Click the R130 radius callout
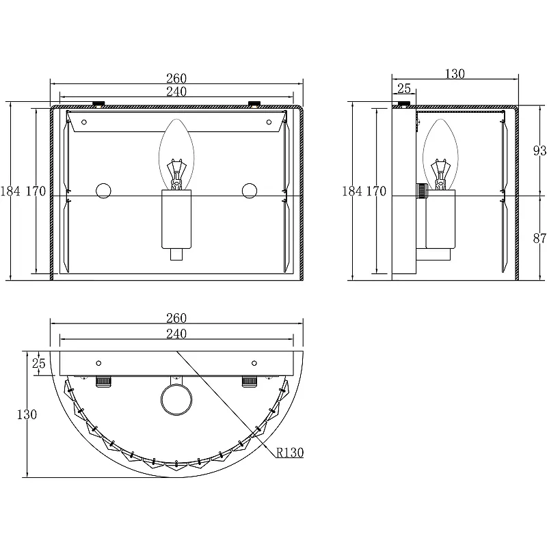[x=290, y=453]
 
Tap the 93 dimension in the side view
[x=539, y=150]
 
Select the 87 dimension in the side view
[x=539, y=238]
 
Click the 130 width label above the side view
[x=455, y=74]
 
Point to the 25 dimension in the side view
[x=404, y=88]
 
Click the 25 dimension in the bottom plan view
[x=39, y=363]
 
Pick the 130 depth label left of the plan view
[x=27, y=414]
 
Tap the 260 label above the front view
[x=176, y=78]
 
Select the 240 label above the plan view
[x=176, y=334]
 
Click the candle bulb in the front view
[x=176, y=155]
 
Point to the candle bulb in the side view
[x=440, y=155]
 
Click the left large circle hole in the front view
[x=104, y=191]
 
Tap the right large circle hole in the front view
[x=250, y=191]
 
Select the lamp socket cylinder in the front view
[x=176, y=219]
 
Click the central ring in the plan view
[x=176, y=400]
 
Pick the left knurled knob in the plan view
[x=104, y=382]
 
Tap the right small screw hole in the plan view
[x=254, y=363]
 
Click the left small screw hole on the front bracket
[x=83, y=122]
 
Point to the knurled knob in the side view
[x=421, y=191]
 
